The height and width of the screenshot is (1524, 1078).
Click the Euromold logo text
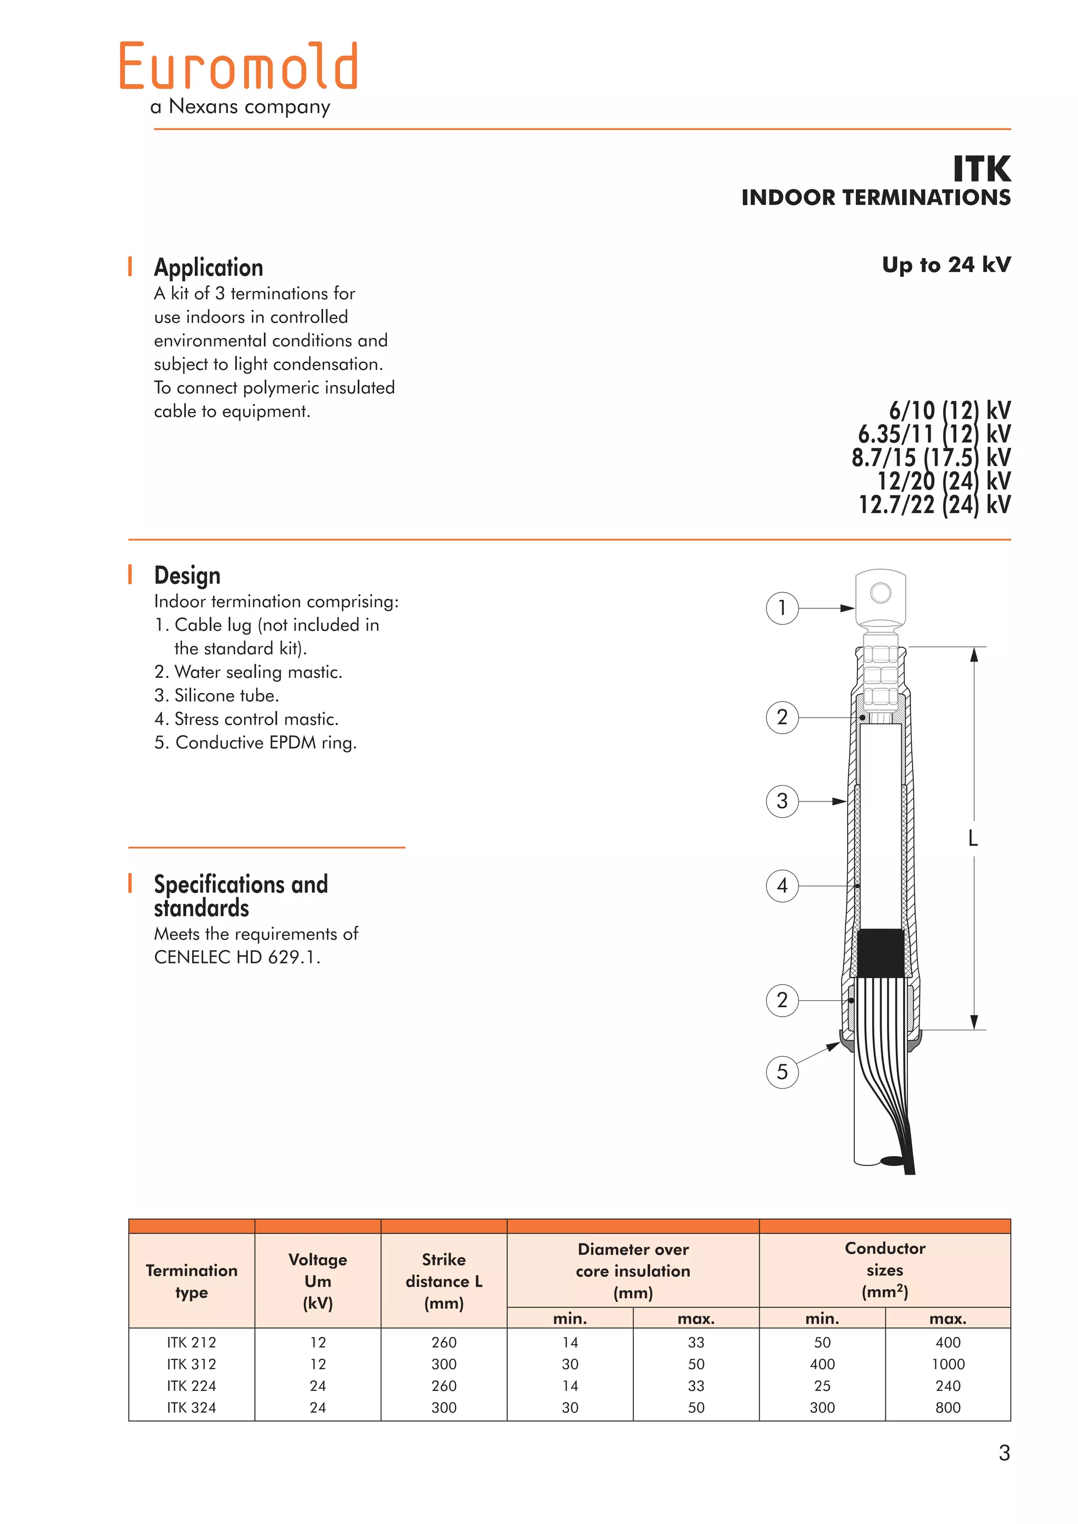(239, 66)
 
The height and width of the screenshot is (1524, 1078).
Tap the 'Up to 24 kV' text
(946, 265)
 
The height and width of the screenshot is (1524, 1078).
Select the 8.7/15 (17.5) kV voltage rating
(931, 457)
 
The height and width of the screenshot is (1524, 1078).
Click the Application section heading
(208, 267)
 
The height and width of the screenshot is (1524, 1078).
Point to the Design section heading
(187, 576)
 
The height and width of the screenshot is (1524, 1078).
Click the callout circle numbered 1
(782, 608)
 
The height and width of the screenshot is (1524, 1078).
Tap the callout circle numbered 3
(782, 801)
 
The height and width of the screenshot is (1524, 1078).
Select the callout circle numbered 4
(782, 886)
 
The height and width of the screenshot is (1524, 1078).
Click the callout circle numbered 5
(782, 1071)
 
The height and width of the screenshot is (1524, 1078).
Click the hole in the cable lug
(880, 592)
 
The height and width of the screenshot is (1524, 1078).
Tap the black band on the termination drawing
(880, 952)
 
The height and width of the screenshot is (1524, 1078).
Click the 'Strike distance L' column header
(443, 1281)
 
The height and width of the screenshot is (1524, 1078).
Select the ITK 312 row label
(191, 1364)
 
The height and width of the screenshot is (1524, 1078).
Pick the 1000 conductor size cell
(947, 1364)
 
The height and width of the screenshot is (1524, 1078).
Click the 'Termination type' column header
(191, 1281)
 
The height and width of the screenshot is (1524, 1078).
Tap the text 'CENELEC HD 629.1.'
(237, 957)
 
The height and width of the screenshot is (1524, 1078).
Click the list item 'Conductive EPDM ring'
(256, 743)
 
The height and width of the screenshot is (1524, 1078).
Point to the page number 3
(1004, 1453)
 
